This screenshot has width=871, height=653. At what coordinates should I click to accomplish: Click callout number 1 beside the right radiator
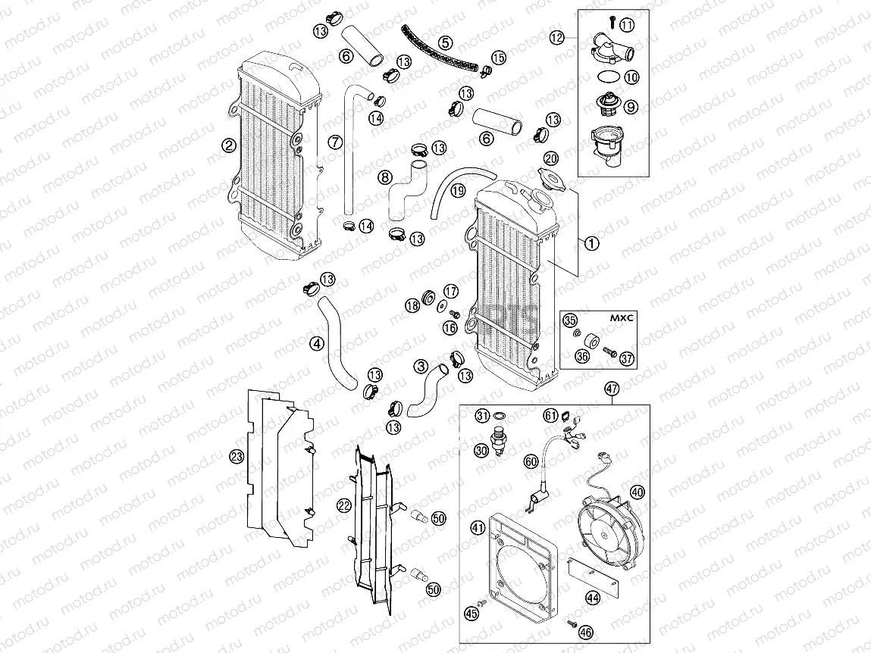pyautogui.click(x=592, y=243)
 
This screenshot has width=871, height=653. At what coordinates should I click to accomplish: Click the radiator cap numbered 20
pyautogui.click(x=549, y=176)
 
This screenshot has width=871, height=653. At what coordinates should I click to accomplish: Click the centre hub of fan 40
pyautogui.click(x=604, y=536)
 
